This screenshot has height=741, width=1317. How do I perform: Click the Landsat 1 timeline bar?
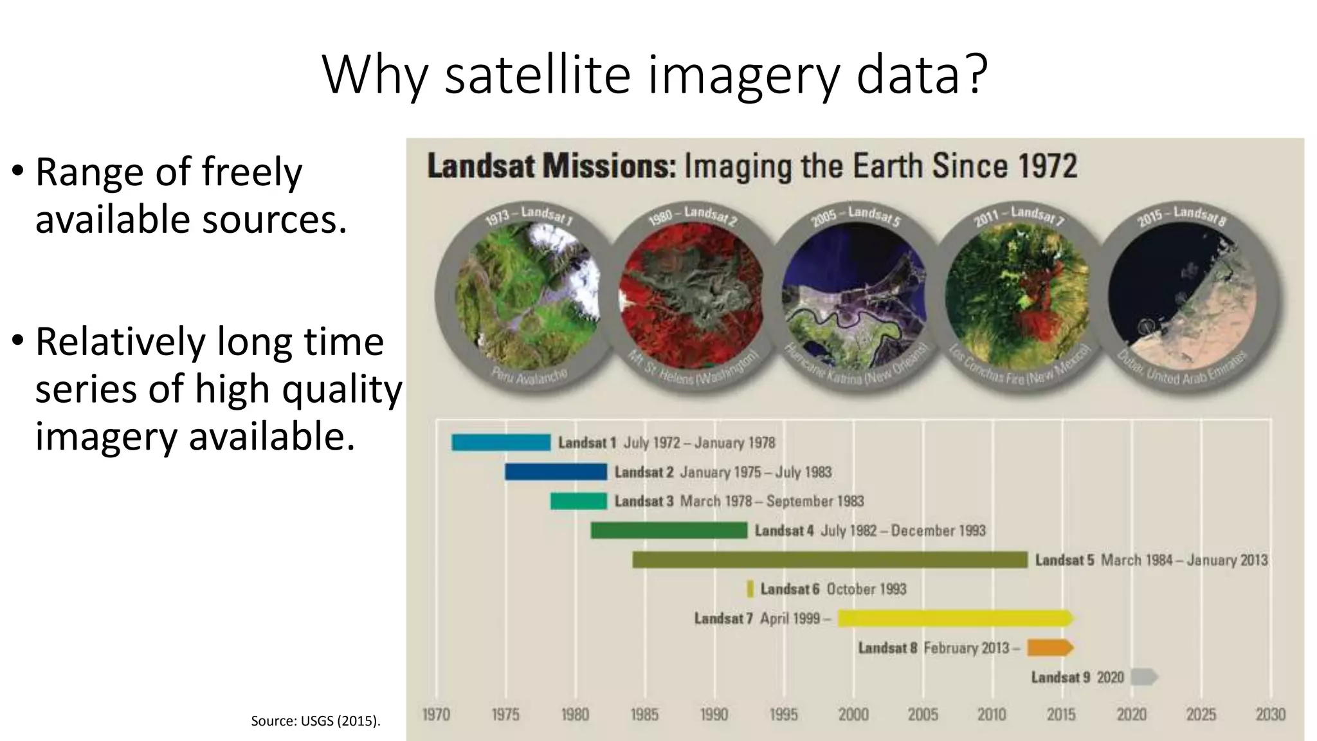pyautogui.click(x=501, y=443)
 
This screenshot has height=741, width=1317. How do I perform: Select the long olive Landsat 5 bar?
pyautogui.click(x=830, y=560)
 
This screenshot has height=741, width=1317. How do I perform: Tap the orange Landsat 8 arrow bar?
pyautogui.click(x=1049, y=648)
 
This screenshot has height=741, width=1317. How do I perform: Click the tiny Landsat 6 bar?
pyautogui.click(x=750, y=589)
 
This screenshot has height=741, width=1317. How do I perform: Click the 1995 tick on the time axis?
pyautogui.click(x=783, y=715)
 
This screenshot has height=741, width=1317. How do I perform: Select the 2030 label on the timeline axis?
pyautogui.click(x=1270, y=715)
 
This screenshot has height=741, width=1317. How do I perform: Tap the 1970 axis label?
pyautogui.click(x=436, y=715)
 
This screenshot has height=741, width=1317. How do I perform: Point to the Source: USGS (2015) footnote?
pyautogui.click(x=315, y=721)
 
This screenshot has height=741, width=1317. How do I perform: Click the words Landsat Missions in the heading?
pyautogui.click(x=551, y=167)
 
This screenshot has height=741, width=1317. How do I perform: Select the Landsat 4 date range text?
pyautogui.click(x=903, y=531)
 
